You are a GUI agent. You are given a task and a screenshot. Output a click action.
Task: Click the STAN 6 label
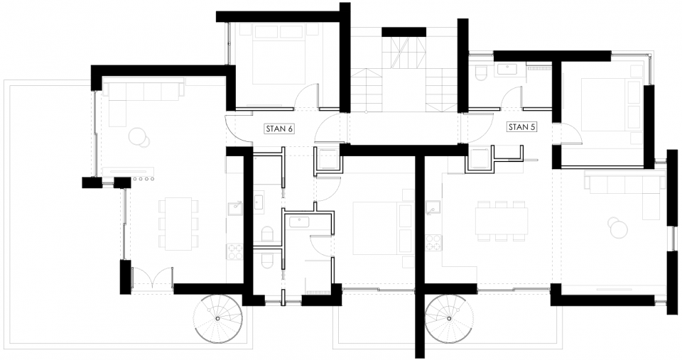[x=279, y=129]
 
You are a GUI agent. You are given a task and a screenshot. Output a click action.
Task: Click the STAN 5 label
[x=521, y=127]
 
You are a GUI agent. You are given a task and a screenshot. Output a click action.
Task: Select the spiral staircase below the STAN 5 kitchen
[x=449, y=318]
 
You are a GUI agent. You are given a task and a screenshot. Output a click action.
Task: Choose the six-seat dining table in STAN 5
[x=502, y=219]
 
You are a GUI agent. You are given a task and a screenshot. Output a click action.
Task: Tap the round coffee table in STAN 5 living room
[x=617, y=228]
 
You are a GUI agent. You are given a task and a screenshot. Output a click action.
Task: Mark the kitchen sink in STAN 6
[x=234, y=208]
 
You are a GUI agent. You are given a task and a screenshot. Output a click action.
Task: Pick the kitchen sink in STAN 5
[x=431, y=207]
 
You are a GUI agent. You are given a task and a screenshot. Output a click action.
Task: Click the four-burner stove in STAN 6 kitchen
[x=234, y=250]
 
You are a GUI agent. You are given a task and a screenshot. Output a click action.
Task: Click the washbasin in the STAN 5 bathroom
[x=509, y=69]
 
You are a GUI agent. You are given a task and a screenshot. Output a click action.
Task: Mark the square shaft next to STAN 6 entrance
[x=328, y=158]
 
